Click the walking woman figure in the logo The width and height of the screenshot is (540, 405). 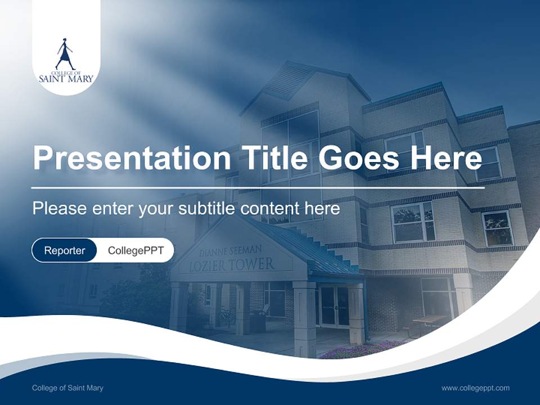[65, 54]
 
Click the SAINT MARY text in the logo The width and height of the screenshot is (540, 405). [66, 79]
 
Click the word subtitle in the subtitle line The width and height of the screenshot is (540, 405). [206, 209]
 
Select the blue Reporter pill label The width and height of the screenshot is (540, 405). [64, 250]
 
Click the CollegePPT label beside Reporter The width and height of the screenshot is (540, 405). [136, 250]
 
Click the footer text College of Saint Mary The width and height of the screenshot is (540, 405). [67, 388]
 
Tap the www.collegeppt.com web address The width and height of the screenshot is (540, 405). [475, 388]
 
